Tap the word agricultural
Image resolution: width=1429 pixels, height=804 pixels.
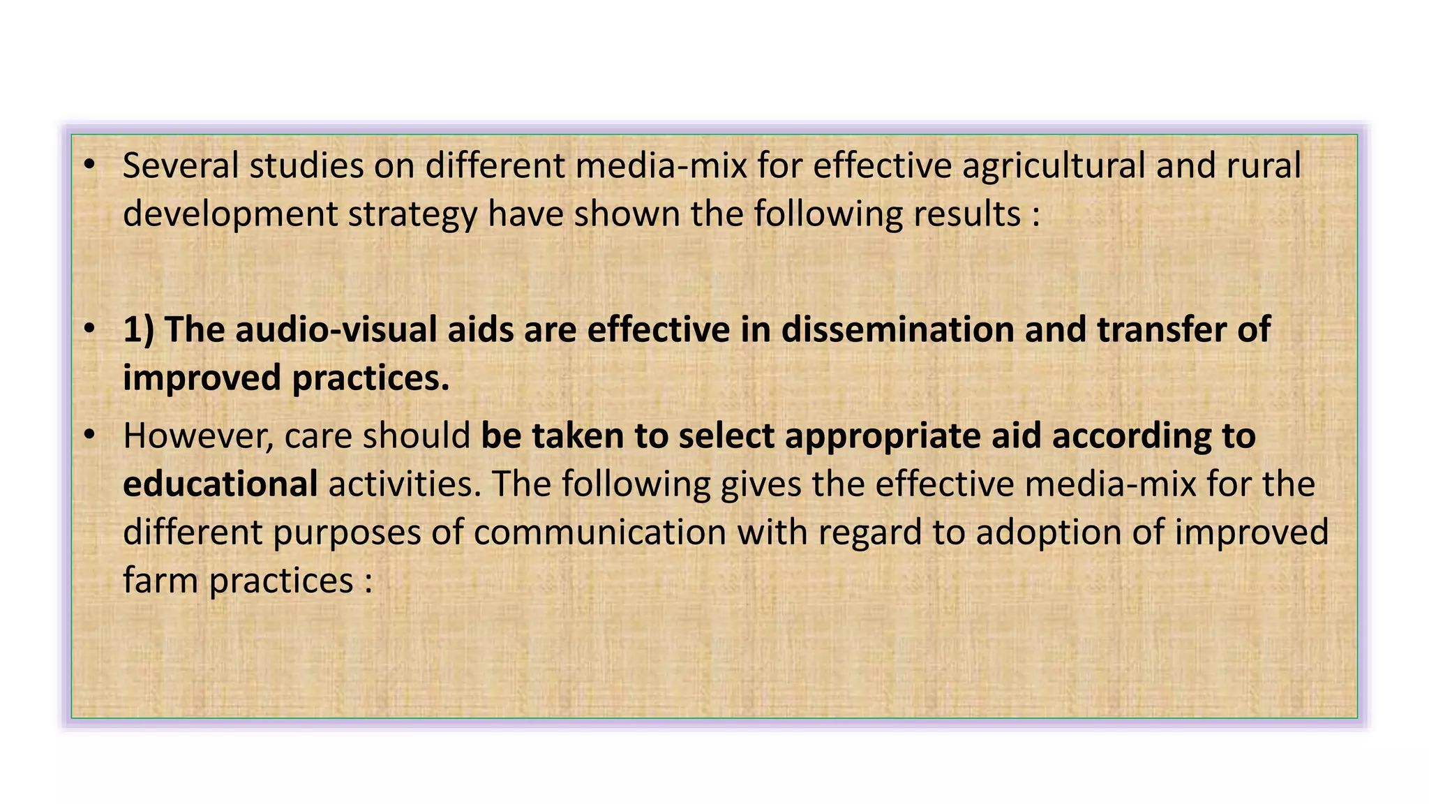[1054, 166]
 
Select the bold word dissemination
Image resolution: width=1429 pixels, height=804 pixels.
[897, 329]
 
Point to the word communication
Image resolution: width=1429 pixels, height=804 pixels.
[600, 533]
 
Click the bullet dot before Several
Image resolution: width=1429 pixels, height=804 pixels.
[89, 165]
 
